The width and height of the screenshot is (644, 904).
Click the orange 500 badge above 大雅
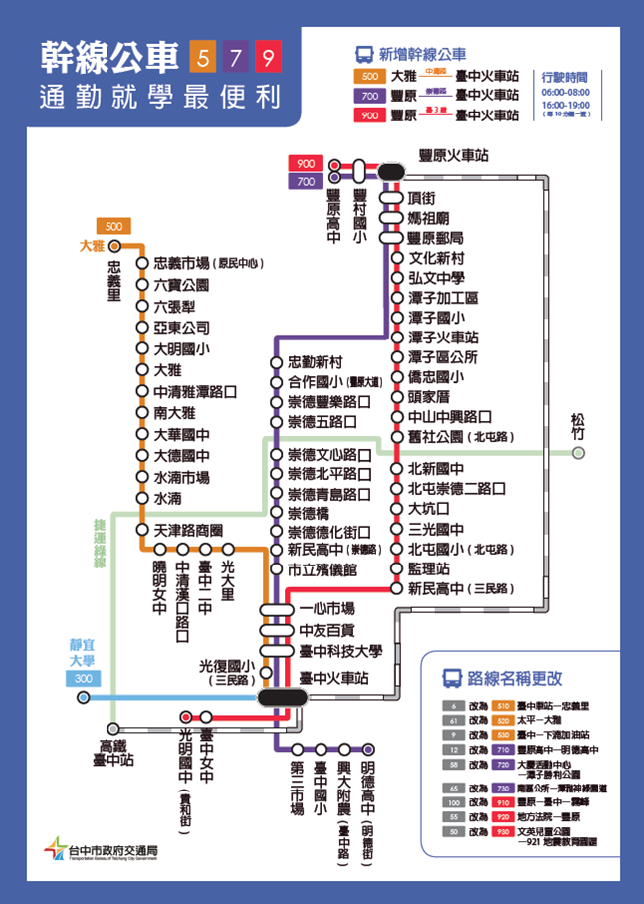[111, 225]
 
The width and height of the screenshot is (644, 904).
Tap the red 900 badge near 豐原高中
[305, 164]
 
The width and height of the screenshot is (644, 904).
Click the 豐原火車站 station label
[454, 156]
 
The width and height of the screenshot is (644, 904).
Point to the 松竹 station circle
[579, 454]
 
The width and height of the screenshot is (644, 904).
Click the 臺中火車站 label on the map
[333, 676]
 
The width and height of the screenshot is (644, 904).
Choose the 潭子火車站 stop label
[443, 338]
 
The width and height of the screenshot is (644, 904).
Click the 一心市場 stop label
[326, 608]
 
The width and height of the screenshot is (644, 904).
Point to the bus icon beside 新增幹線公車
[363, 55]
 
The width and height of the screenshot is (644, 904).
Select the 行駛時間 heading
[565, 76]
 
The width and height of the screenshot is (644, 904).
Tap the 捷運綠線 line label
[100, 543]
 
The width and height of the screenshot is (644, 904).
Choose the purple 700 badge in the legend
[369, 96]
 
